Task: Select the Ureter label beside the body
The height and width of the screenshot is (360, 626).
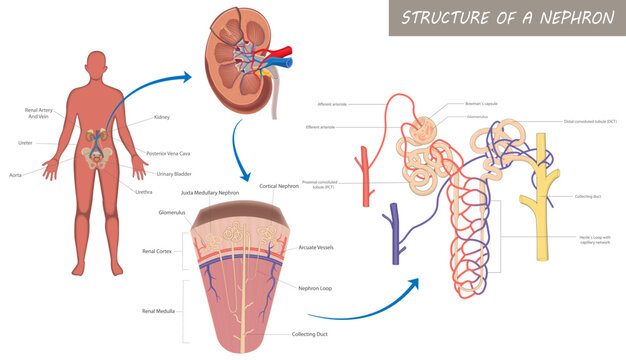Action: pos(26,143)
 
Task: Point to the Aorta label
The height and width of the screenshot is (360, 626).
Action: pos(16,174)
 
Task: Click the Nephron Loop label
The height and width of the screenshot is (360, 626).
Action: pos(318,288)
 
